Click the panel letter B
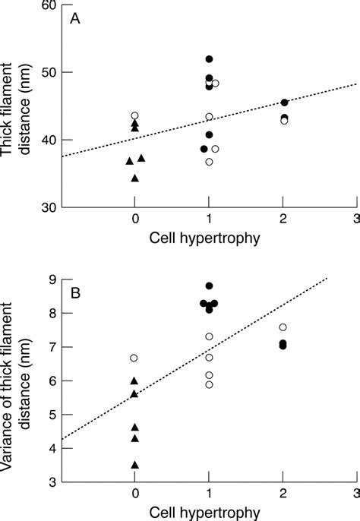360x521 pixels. click(75, 292)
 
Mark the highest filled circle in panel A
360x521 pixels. click(210, 59)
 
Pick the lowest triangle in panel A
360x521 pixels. click(135, 178)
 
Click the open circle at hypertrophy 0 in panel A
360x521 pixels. click(135, 115)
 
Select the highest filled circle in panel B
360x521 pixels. click(210, 286)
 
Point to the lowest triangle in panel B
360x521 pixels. click(135, 465)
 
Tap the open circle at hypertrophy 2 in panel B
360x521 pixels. click(283, 327)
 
